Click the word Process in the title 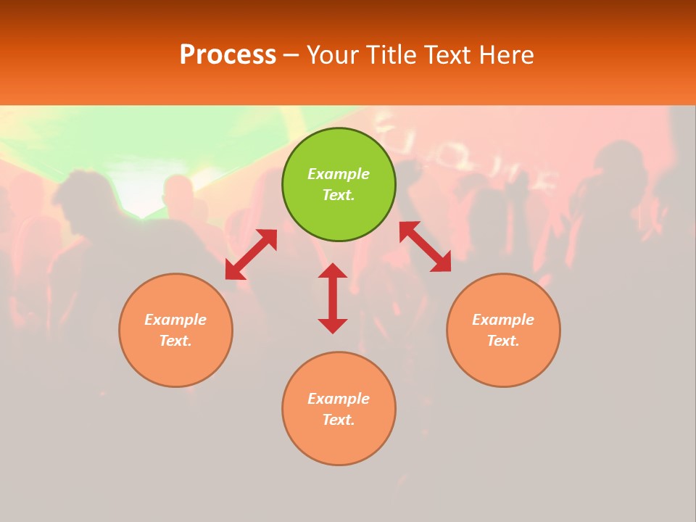[x=228, y=55]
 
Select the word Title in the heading [x=391, y=55]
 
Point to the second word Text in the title [x=449, y=55]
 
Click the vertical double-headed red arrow [x=333, y=298]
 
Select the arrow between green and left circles [x=251, y=254]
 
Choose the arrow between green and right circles [x=426, y=246]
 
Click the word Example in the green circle [x=339, y=174]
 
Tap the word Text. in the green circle [x=339, y=195]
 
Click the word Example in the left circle [x=175, y=320]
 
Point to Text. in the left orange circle [x=175, y=341]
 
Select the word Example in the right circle [x=503, y=320]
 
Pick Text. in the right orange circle [x=503, y=341]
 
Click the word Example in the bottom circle [x=339, y=399]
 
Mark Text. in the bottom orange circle [x=339, y=420]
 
